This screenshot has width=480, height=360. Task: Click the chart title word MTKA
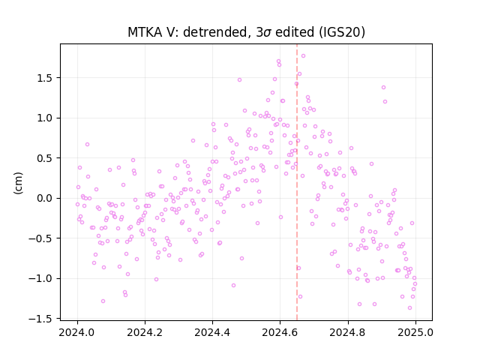tap(145, 32)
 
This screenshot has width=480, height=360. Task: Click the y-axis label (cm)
tap(18, 183)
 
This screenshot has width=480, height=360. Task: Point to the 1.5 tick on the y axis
tap(45, 78)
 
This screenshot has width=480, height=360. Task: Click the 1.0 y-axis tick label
tap(45, 118)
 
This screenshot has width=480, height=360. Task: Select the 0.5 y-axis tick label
tap(45, 158)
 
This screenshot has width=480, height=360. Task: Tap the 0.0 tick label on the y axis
tap(45, 198)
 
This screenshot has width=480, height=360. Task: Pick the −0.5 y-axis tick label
tap(42, 238)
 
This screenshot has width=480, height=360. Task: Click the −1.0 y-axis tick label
tap(42, 278)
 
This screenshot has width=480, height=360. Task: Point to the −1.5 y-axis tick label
tap(42, 319)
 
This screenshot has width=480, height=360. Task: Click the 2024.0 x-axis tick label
tap(77, 332)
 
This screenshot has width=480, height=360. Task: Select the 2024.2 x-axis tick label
tap(145, 332)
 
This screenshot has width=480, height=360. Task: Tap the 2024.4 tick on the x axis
tap(212, 332)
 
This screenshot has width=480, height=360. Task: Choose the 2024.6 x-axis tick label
tap(280, 332)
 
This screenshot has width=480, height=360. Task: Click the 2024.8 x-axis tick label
tap(348, 332)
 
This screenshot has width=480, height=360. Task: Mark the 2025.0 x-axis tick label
tap(415, 332)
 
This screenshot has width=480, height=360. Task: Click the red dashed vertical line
tap(297, 182)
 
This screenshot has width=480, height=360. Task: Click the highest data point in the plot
tap(303, 56)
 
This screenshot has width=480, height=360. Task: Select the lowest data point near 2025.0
tap(410, 308)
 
